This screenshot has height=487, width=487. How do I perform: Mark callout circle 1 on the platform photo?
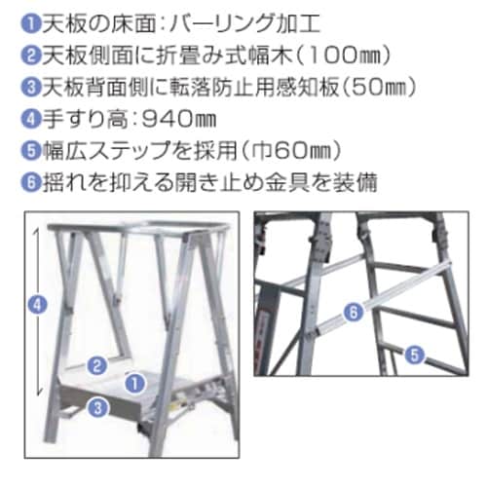pos(134,380)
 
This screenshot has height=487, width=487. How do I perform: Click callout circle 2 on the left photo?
pos(95,366)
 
